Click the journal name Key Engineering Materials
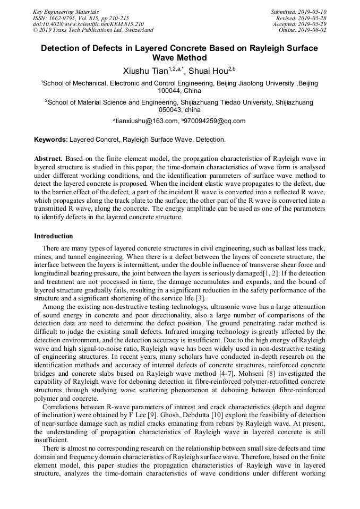[x=65, y=12]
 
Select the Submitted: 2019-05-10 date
[x=299, y=12]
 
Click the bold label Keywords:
[x=51, y=140]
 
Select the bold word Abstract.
[x=49, y=158]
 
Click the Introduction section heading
[x=53, y=236]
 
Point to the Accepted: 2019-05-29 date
[x=300, y=24]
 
